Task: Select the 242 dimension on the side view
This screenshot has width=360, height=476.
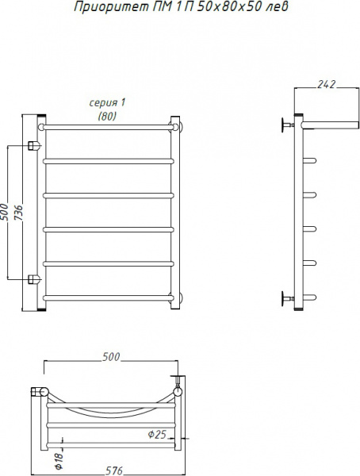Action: [324, 82]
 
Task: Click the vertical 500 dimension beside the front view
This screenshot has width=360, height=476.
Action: [6, 213]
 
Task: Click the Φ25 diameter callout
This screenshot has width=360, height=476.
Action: [158, 433]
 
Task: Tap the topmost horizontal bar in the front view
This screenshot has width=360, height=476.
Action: [108, 125]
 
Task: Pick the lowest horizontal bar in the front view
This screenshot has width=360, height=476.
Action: [108, 297]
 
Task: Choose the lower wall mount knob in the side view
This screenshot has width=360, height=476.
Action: [285, 298]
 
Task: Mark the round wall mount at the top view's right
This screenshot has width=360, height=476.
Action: [178, 391]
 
